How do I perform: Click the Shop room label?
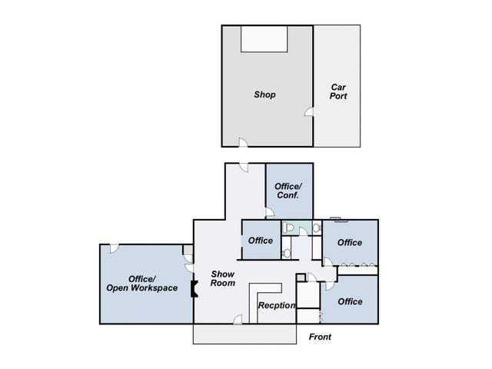(x=264, y=95)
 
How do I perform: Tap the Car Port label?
(x=338, y=91)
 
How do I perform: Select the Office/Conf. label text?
(x=288, y=191)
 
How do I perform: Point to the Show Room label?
(x=223, y=278)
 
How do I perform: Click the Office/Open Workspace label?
(x=141, y=284)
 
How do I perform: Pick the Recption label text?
(x=277, y=305)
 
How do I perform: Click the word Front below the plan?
(x=320, y=337)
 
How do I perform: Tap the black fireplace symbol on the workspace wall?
(x=194, y=289)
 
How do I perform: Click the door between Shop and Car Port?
(x=309, y=111)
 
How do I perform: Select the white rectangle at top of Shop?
(x=264, y=39)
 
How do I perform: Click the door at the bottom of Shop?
(x=243, y=142)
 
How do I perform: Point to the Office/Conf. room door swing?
(x=270, y=212)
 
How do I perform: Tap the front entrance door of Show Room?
(x=238, y=319)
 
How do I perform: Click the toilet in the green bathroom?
(x=288, y=228)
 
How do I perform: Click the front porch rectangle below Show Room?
(x=244, y=334)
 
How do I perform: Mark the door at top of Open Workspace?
(x=115, y=248)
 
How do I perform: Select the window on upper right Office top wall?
(x=335, y=219)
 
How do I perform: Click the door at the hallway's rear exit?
(x=244, y=168)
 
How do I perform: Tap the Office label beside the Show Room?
(x=261, y=241)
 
